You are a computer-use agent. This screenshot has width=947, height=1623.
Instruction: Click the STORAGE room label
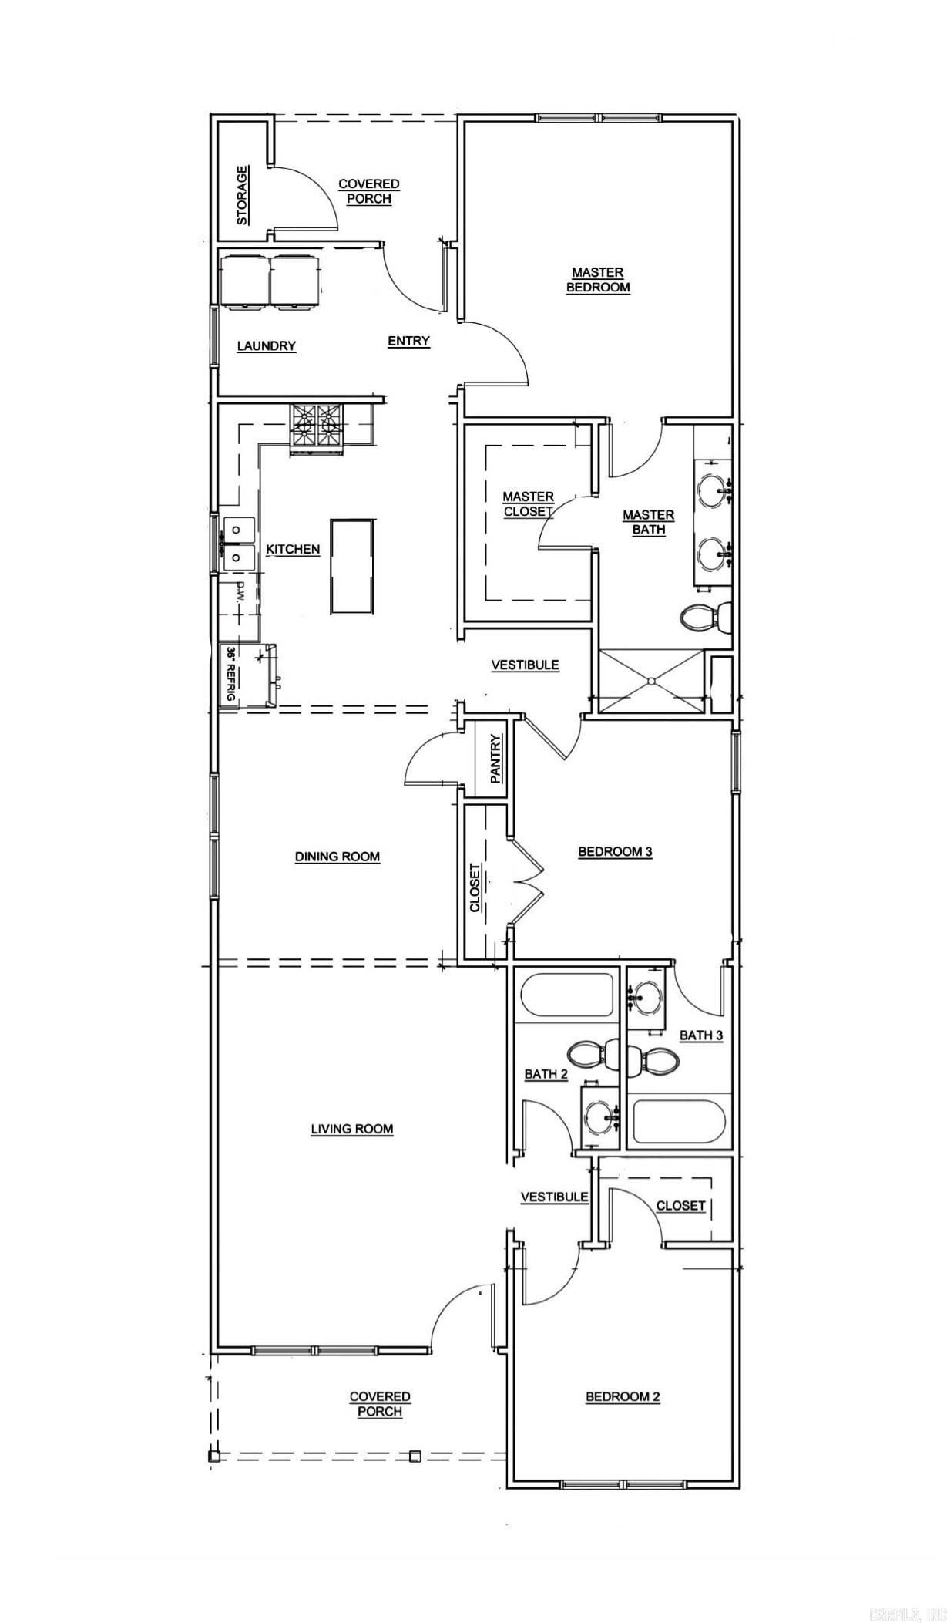[243, 195]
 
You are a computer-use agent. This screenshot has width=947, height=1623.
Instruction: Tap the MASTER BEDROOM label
[598, 280]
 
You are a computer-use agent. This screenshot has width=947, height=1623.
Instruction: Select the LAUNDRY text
[267, 346]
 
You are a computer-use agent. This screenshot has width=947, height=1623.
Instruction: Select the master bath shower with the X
[652, 681]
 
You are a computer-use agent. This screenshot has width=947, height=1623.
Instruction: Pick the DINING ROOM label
[337, 857]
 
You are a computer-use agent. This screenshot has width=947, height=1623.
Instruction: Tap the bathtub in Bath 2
[567, 995]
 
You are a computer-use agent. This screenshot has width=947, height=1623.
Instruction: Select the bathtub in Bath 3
[678, 1122]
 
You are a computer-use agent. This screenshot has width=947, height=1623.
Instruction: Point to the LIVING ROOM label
[352, 1129]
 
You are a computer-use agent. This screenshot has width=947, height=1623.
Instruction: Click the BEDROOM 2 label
[623, 1396]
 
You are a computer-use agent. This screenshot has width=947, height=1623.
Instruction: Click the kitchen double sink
[239, 542]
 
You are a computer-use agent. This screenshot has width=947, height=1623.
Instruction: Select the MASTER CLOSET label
[529, 504]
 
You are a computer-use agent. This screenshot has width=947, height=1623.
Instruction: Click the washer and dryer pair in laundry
[270, 282]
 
